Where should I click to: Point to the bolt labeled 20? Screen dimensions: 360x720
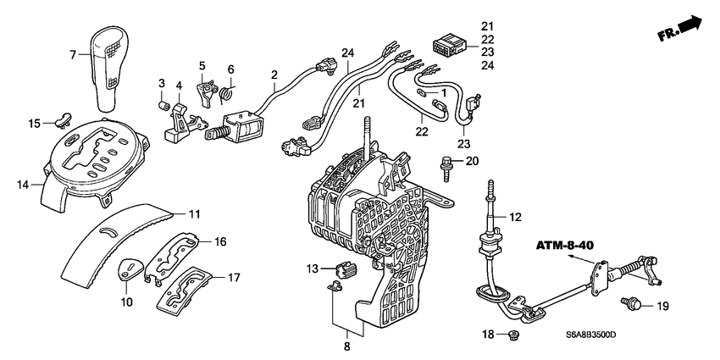click(x=445, y=163)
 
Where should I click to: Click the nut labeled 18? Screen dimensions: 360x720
click(x=512, y=336)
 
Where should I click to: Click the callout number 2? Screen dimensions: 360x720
click(x=274, y=75)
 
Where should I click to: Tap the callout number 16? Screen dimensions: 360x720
click(x=220, y=241)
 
